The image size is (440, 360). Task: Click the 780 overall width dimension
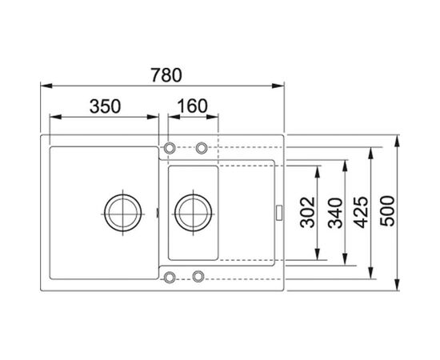click(166, 75)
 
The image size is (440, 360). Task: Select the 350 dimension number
click(105, 106)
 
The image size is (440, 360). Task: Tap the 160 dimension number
click(192, 106)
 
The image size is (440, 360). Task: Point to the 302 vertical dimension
click(307, 212)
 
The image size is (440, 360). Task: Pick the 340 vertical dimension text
click(335, 213)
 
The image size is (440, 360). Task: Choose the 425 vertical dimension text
click(360, 212)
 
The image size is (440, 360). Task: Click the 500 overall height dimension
click(387, 211)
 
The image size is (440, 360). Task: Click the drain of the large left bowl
click(123, 213)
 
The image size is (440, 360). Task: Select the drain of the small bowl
click(193, 213)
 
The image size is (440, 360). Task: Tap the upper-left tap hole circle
click(170, 147)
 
